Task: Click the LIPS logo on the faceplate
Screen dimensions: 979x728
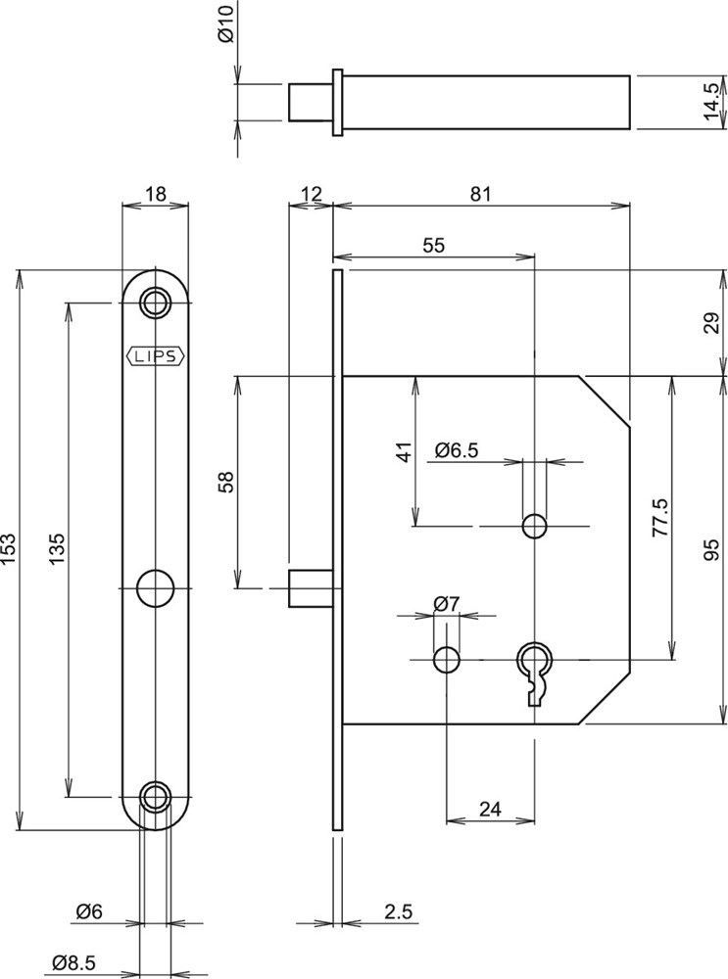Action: (155, 356)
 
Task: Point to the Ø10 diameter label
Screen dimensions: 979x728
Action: (226, 29)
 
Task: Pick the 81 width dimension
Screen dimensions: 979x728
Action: (480, 194)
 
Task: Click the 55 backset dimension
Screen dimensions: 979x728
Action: (434, 245)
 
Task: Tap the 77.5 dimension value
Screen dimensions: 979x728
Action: (660, 517)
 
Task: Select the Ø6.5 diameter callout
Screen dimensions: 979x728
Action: (456, 450)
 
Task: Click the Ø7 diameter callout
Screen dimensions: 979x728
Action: (447, 604)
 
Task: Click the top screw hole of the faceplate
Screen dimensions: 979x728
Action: (155, 302)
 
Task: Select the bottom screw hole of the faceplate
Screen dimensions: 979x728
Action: (155, 797)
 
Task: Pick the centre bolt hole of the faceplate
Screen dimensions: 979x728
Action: (155, 587)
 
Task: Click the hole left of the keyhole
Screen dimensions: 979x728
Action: (447, 658)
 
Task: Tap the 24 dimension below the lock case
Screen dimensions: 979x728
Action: (491, 809)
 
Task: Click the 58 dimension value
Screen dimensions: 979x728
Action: (226, 482)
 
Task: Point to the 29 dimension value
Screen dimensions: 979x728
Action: (712, 322)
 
